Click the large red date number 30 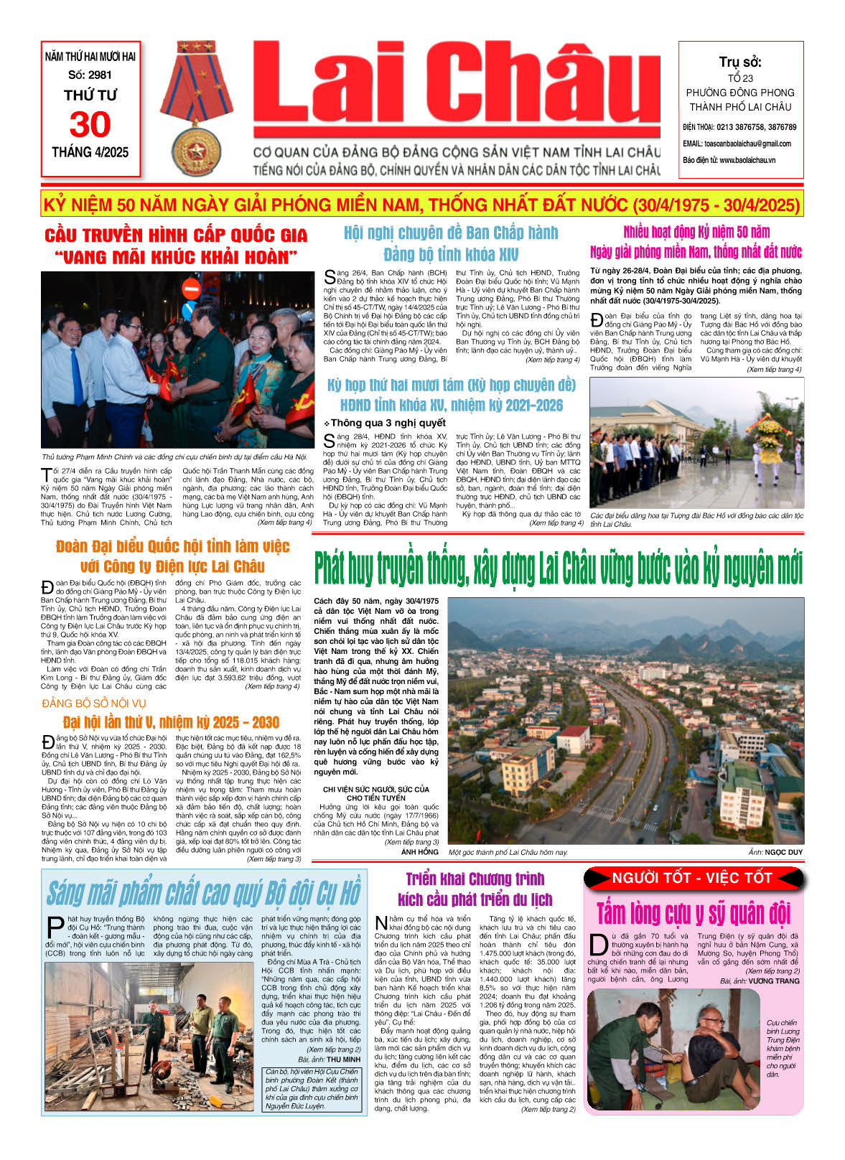pos(90,125)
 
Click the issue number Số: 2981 pos(90,75)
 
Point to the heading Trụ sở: pos(740,62)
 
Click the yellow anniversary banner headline pos(421,205)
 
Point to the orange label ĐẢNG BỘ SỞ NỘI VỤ pos(94,703)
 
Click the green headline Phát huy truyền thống pos(558,569)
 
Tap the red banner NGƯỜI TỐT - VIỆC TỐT pos(692,878)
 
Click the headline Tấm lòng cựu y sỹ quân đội pos(693,913)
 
